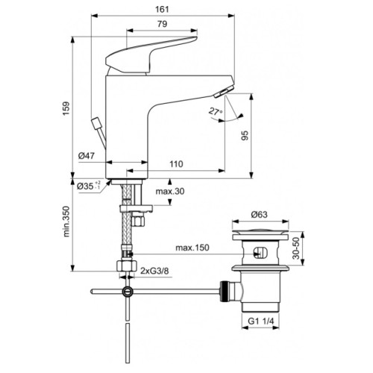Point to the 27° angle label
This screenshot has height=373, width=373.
(216, 110)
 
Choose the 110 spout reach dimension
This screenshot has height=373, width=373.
(176, 164)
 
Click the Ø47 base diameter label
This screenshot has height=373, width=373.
(87, 157)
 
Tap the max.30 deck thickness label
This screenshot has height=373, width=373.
(169, 192)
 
